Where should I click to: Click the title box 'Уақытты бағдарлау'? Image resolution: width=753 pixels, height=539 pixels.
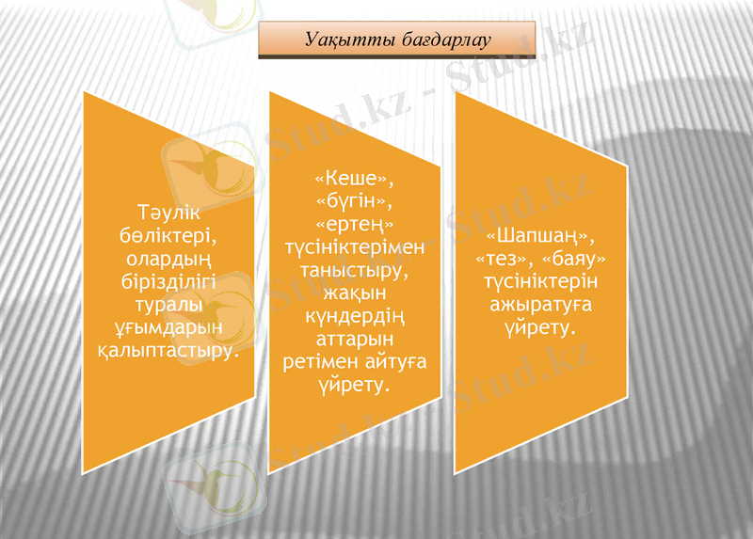click(396, 40)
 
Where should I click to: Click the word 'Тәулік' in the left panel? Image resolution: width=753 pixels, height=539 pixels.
click(168, 214)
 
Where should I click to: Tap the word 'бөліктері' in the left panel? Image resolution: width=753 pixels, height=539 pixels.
click(168, 234)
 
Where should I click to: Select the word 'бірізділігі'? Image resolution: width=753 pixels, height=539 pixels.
click(168, 279)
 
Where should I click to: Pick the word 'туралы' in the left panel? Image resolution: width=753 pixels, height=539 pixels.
click(168, 303)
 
